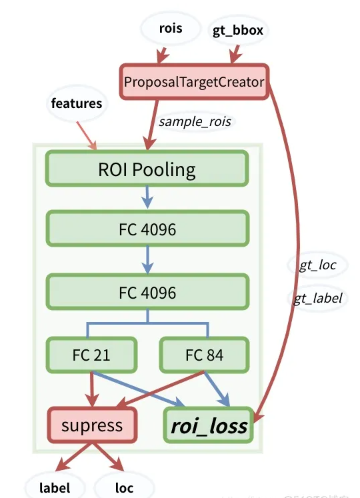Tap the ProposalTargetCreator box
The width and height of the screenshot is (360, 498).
point(194,82)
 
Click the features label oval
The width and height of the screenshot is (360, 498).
point(77,104)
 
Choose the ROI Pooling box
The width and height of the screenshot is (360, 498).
point(147,168)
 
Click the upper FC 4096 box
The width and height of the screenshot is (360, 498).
point(147,230)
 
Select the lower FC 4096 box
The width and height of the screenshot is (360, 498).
point(147,291)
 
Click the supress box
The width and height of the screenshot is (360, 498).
point(92,425)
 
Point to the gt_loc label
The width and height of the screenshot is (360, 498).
point(317,265)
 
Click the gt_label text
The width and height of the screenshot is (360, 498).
point(318,298)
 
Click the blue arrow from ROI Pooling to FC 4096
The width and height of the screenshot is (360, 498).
point(148,198)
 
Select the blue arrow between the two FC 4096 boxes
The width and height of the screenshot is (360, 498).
point(148,261)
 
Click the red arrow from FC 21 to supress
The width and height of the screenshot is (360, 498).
point(91,387)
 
